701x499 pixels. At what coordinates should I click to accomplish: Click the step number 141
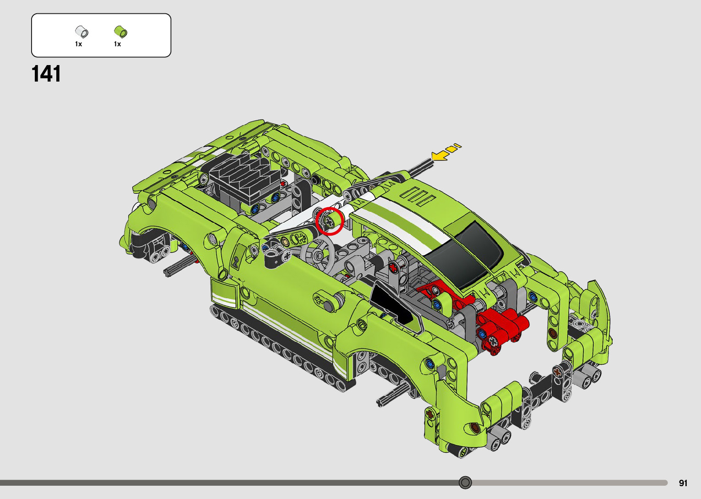pyautogui.click(x=46, y=74)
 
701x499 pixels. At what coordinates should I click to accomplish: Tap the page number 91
pyautogui.click(x=683, y=483)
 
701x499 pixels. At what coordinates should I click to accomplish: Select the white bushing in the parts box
pyautogui.click(x=82, y=32)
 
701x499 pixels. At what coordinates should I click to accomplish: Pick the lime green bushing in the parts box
pyautogui.click(x=120, y=32)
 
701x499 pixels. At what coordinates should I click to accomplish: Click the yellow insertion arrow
pyautogui.click(x=446, y=153)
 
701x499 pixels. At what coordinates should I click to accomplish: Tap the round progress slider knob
pyautogui.click(x=465, y=483)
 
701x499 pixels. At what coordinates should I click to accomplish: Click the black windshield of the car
pyautogui.click(x=463, y=254)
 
